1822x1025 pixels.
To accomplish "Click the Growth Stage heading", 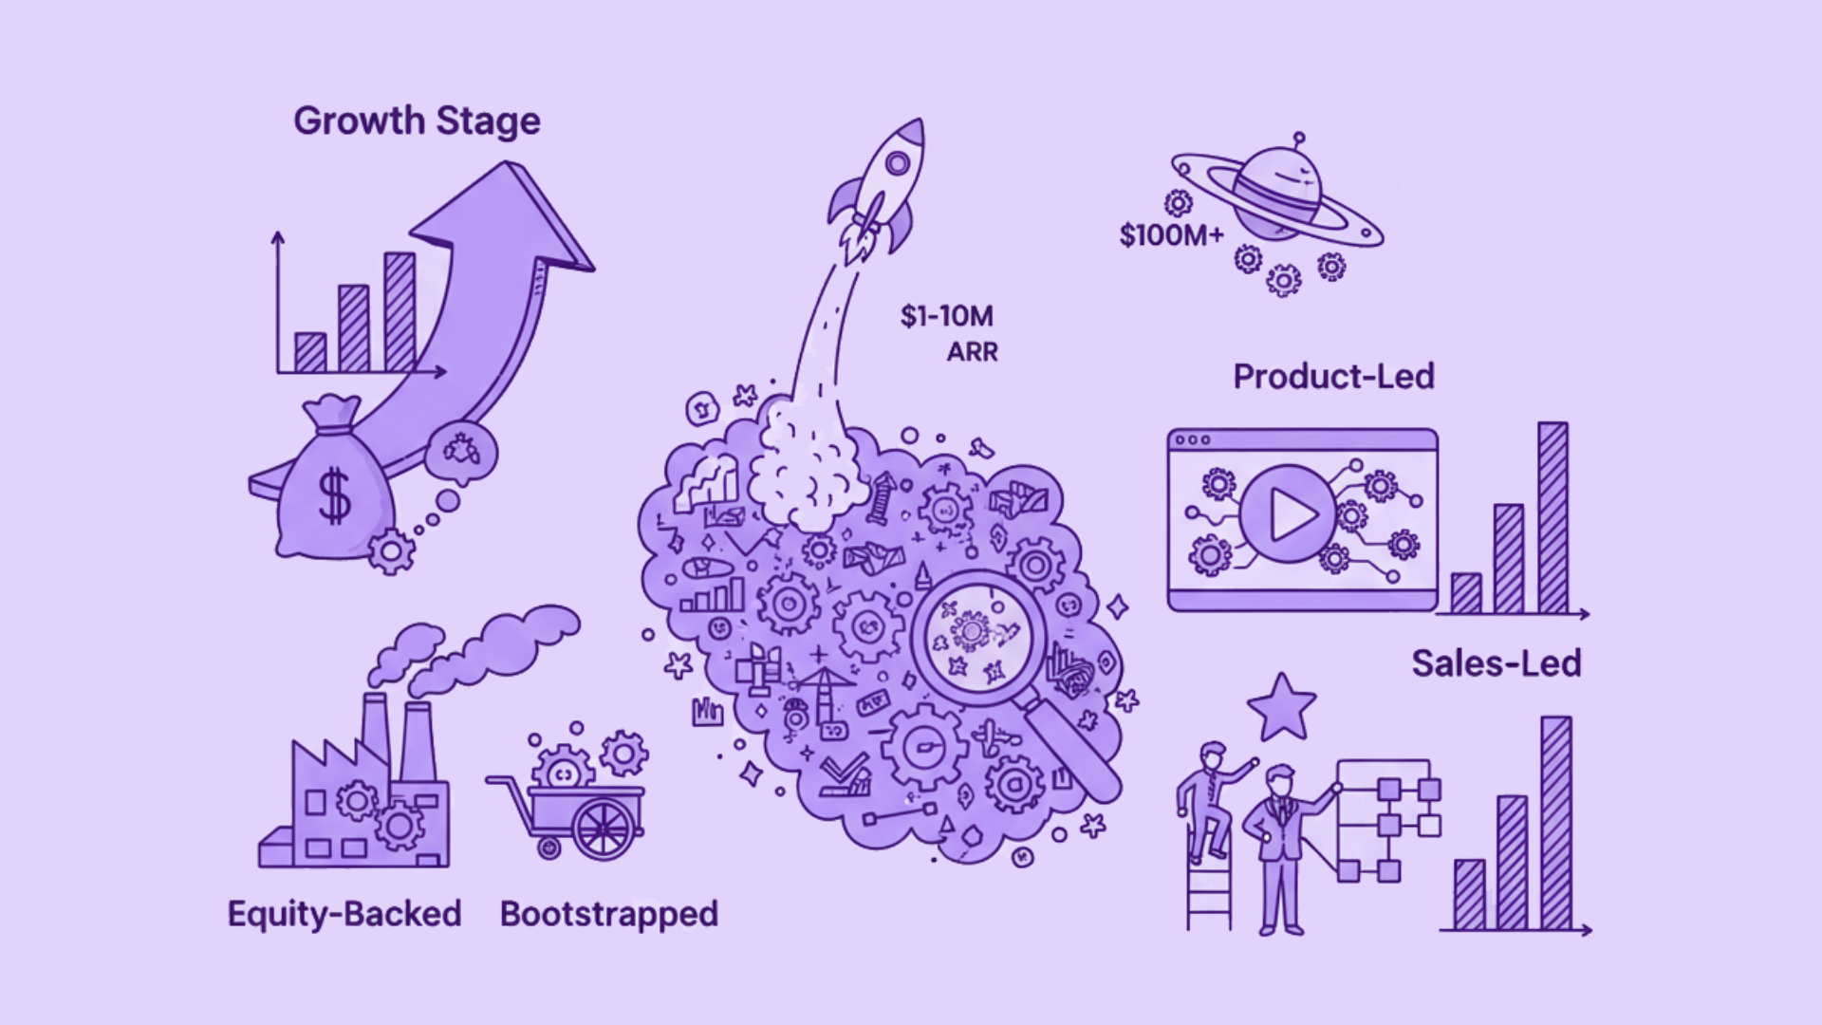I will pos(417,121).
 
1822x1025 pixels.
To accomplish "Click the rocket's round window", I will pos(897,165).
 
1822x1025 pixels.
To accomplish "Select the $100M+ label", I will pos(1171,234).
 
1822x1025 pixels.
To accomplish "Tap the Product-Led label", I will pos(1333,377).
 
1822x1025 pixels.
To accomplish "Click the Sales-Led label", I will pos(1496,663).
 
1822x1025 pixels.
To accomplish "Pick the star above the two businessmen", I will pos(1281,708).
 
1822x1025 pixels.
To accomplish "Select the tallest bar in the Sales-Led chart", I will pos(1555,822).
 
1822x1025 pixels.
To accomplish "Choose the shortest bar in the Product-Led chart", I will pos(1465,593).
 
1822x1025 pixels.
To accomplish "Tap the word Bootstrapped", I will pos(608,914).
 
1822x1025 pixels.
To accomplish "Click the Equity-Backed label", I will pos(344,914).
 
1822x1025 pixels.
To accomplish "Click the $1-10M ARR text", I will pos(948,332).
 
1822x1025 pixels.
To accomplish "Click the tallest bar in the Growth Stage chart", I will pos(400,311).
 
